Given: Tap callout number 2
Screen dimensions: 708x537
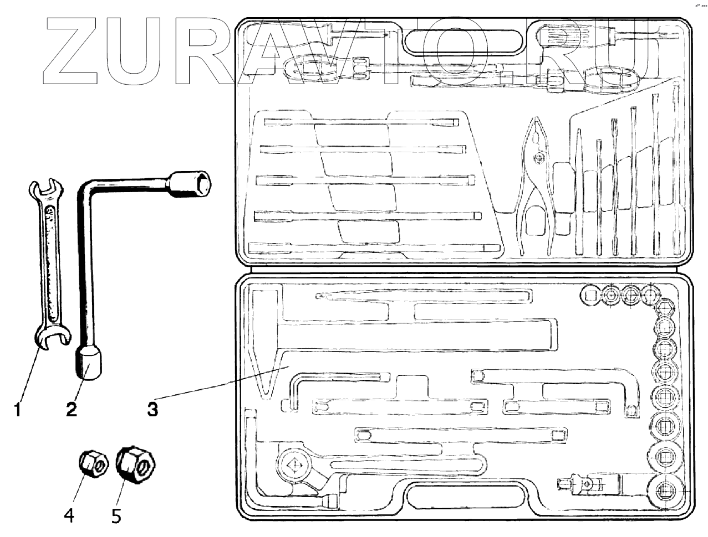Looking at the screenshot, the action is [71, 410].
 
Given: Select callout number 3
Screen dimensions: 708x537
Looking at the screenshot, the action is [152, 410].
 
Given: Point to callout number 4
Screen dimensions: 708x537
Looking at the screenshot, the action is [69, 515].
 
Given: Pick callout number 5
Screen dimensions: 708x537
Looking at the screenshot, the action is [116, 515].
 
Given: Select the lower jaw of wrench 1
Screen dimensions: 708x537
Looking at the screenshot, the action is [53, 337].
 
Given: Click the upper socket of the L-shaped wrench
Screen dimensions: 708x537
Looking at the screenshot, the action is [190, 183].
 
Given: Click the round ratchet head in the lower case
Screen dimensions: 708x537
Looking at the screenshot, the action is [294, 465].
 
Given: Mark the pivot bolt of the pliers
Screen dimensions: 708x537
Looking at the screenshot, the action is [537, 159].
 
